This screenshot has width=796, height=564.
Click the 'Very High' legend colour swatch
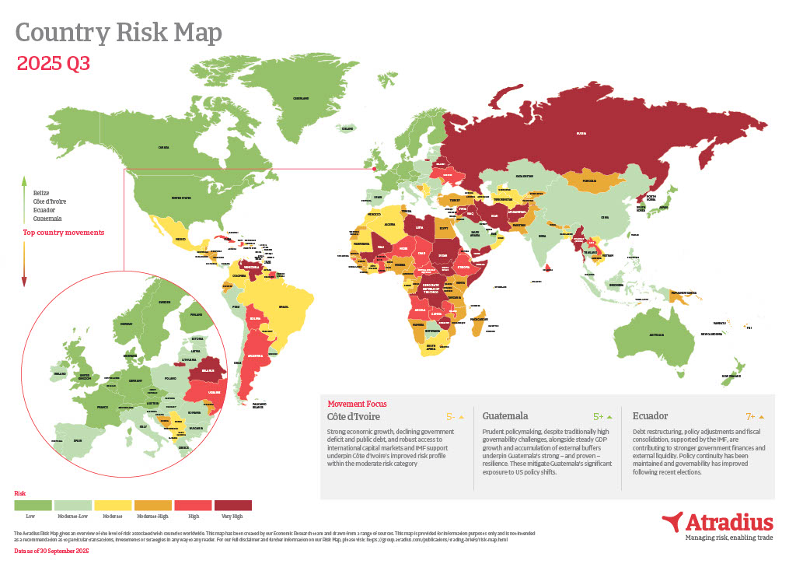tap(233, 505)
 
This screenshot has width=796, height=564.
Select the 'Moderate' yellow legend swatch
tap(113, 505)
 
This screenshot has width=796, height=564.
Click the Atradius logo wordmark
tap(728, 521)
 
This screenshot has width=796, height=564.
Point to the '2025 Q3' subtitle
tap(53, 64)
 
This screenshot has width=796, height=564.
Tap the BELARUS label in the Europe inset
tap(208, 372)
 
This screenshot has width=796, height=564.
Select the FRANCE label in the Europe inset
tap(101, 406)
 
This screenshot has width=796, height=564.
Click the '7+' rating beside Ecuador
tap(751, 417)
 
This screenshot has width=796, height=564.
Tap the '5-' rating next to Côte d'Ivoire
tap(450, 417)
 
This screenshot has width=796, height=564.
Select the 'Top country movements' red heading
tap(64, 232)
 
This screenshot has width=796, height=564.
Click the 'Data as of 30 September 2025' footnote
tap(52, 551)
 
